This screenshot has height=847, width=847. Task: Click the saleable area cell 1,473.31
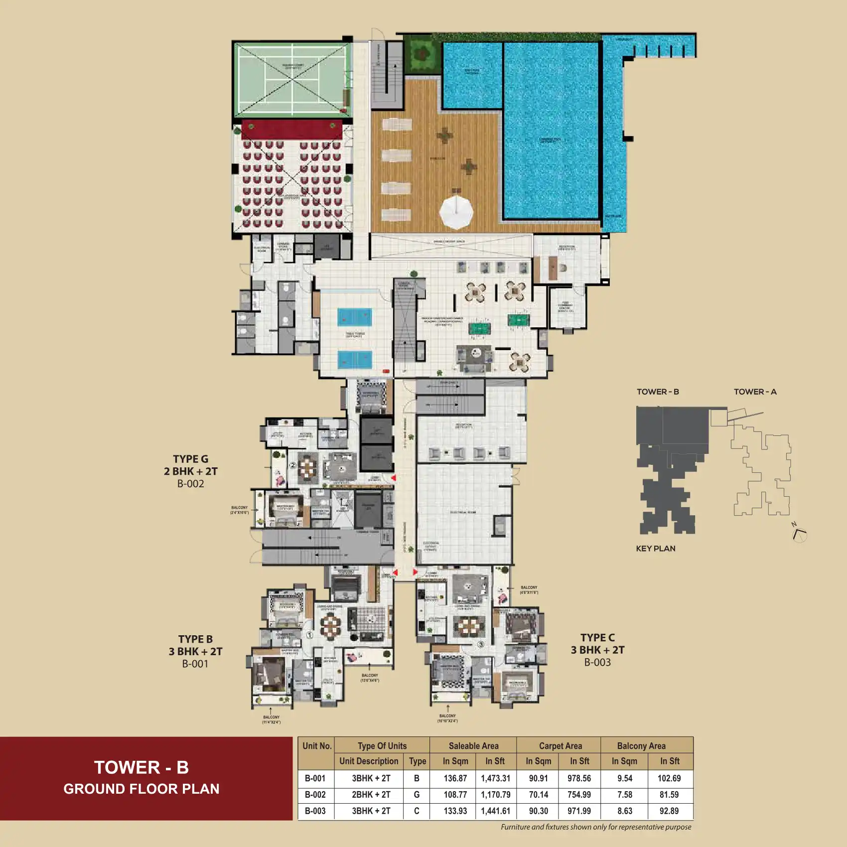(x=495, y=778)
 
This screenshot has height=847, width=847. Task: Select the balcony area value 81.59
(x=669, y=795)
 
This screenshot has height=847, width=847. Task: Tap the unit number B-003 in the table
(x=315, y=811)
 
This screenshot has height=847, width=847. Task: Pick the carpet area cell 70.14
(x=539, y=795)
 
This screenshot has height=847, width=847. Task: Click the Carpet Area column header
(x=560, y=746)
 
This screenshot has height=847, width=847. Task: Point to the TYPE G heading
(x=190, y=459)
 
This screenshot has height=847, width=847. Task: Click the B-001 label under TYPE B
(x=195, y=664)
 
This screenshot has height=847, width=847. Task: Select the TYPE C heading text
(x=597, y=638)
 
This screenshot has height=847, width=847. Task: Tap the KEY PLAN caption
(x=656, y=549)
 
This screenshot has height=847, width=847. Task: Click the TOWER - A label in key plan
(x=755, y=392)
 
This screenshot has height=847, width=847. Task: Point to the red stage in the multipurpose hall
(x=292, y=129)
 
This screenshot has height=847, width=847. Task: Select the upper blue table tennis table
(x=355, y=317)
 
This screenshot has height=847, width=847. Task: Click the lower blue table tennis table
(x=355, y=359)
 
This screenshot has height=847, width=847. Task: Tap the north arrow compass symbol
(x=799, y=534)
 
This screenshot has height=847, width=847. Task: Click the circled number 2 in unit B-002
(x=293, y=465)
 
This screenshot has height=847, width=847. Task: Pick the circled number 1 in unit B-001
(x=309, y=635)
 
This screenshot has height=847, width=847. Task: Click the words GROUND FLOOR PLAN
(x=141, y=789)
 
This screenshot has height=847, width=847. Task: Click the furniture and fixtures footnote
(x=596, y=827)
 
